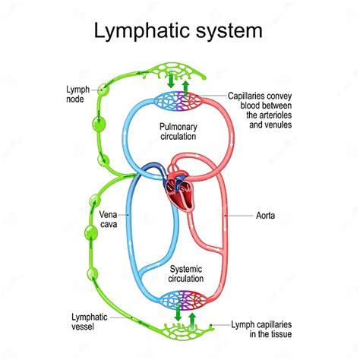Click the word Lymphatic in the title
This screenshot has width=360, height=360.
tap(141, 31)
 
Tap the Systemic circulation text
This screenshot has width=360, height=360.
tap(180, 273)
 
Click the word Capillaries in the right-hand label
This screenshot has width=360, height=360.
tap(251, 96)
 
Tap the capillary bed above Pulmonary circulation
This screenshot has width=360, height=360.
tap(179, 100)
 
